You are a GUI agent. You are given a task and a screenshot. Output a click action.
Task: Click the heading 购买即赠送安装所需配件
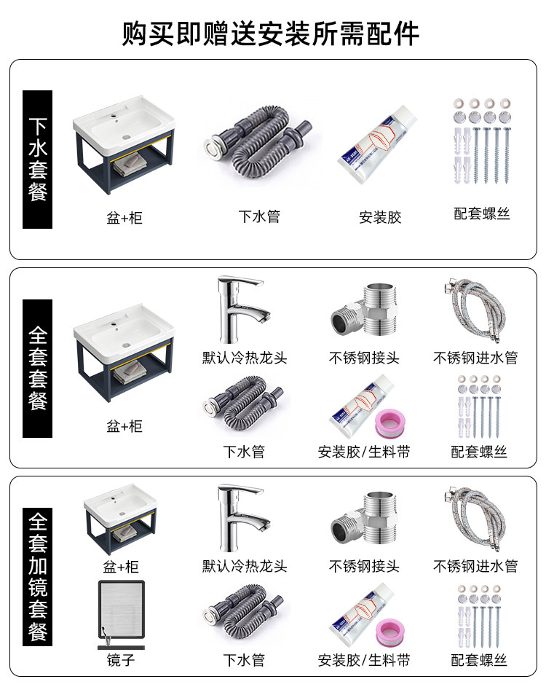click(271, 33)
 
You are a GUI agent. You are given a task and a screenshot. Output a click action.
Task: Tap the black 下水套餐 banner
click(38, 159)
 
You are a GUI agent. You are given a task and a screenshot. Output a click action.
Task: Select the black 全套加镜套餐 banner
click(38, 576)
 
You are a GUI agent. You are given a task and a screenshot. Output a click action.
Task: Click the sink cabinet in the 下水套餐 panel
click(124, 149)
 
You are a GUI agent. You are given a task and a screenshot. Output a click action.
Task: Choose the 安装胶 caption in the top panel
click(380, 217)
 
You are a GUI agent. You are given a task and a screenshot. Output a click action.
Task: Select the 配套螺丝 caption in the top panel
click(482, 214)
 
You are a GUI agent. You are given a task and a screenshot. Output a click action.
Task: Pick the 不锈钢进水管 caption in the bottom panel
click(475, 566)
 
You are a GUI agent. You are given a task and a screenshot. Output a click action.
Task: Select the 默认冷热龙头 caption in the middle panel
click(245, 358)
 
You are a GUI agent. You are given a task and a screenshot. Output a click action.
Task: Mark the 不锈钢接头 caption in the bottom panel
click(364, 566)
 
